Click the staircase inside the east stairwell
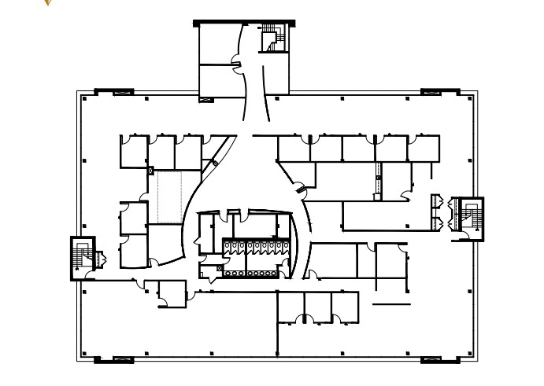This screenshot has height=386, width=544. point(472,214)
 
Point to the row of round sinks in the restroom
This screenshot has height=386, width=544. point(250,274)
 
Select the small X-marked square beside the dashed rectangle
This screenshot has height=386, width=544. point(150,170)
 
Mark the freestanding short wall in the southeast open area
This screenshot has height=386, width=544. point(391,303)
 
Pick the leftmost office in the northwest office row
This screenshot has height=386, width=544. point(133,152)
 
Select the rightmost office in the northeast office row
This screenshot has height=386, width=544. point(424,149)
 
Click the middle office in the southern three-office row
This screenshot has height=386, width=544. point(317,307)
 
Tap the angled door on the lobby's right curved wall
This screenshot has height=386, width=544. point(299,188)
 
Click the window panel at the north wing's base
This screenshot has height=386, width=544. point(206,100)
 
